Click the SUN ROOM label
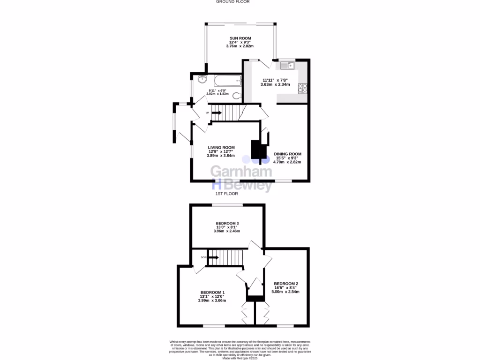[240, 38]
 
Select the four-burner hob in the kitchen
[302, 88]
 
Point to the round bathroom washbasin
[202, 79]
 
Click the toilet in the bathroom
[238, 97]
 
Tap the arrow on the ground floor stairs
[216, 112]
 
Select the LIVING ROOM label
[221, 148]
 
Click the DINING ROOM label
[287, 154]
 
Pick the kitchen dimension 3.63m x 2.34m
[275, 84]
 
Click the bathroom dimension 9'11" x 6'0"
[217, 90]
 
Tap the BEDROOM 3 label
[227, 223]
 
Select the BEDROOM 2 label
[286, 284]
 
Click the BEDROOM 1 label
[212, 292]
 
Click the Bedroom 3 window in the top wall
[227, 205]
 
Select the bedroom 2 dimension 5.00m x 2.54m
[286, 292]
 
